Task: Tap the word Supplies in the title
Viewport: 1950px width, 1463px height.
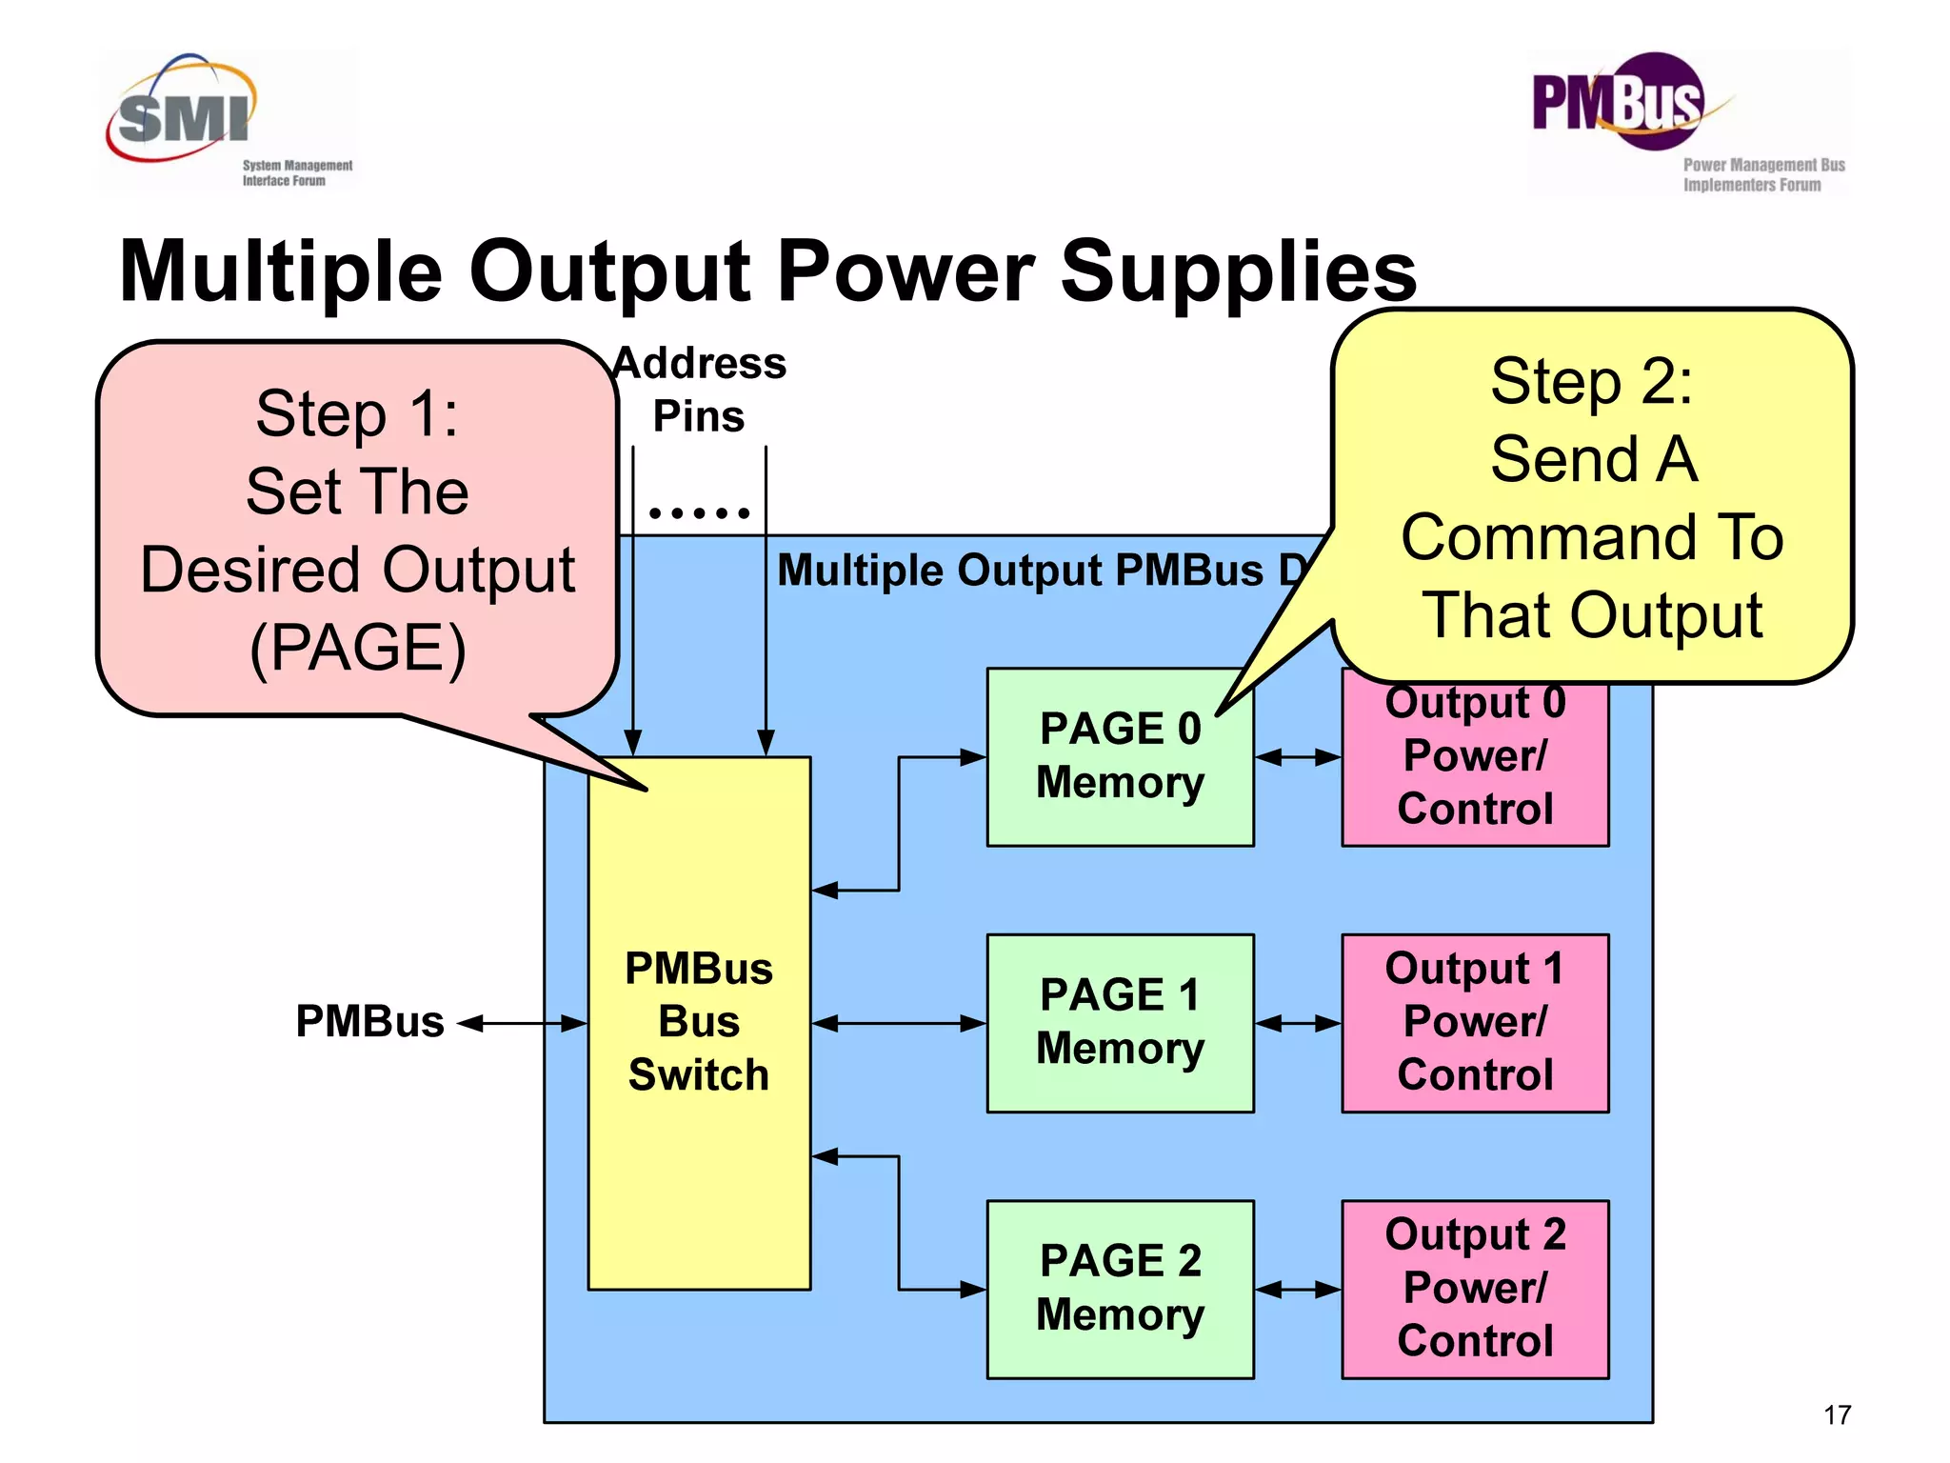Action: coord(1238,271)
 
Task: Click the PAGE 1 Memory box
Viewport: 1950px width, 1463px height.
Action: coord(1120,1023)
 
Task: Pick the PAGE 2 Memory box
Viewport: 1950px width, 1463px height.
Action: coord(1120,1289)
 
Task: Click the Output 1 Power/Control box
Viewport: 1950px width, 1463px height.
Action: coord(1475,1023)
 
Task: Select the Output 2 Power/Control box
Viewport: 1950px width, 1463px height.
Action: coord(1475,1289)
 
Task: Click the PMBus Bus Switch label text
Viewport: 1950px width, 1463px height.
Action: coord(699,1022)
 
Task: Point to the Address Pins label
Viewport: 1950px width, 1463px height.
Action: coord(700,390)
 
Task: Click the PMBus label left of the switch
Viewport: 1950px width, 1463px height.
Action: coord(369,1022)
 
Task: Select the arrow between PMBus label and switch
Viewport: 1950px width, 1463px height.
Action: coord(523,1024)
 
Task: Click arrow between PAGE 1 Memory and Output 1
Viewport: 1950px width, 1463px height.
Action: coord(1298,1024)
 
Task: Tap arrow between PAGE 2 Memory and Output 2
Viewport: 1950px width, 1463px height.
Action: coord(1298,1290)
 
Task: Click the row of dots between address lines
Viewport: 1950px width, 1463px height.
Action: coord(700,513)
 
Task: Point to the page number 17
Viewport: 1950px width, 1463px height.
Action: coord(1837,1415)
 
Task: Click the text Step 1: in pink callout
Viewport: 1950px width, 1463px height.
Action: coord(357,414)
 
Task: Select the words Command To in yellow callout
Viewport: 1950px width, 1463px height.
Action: coord(1592,537)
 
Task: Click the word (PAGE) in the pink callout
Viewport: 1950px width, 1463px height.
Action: coord(357,649)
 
